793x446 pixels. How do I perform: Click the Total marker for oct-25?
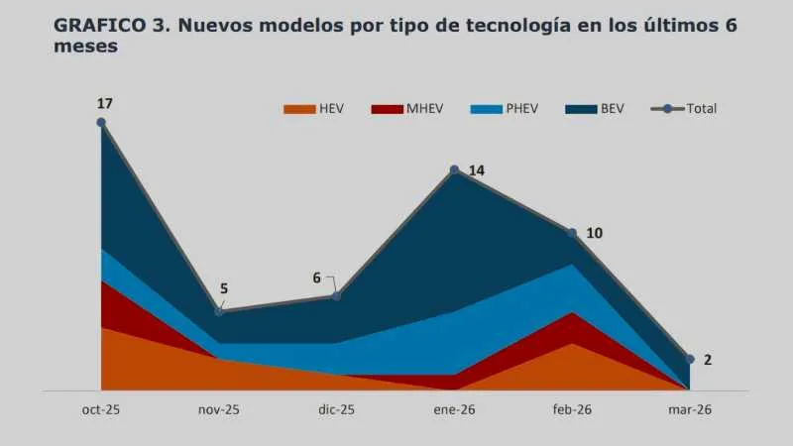point(101,122)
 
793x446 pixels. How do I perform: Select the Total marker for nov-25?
point(219,311)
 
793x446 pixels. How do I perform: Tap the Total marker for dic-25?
point(337,295)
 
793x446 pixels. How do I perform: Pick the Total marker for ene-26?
point(455,169)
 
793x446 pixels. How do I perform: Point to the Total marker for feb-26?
point(572,233)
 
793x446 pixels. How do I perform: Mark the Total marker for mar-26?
point(690,359)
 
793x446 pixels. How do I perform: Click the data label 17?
point(102,103)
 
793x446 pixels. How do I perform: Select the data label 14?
point(477,170)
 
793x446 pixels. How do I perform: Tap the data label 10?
point(594,233)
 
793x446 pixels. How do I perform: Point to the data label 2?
point(708,360)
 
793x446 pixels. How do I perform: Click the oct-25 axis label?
point(101,409)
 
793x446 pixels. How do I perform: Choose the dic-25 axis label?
point(337,409)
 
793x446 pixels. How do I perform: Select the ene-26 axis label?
point(455,409)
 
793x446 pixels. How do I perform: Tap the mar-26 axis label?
point(690,409)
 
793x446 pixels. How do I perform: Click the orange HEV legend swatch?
point(297,109)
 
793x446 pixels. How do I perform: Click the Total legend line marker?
point(667,109)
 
